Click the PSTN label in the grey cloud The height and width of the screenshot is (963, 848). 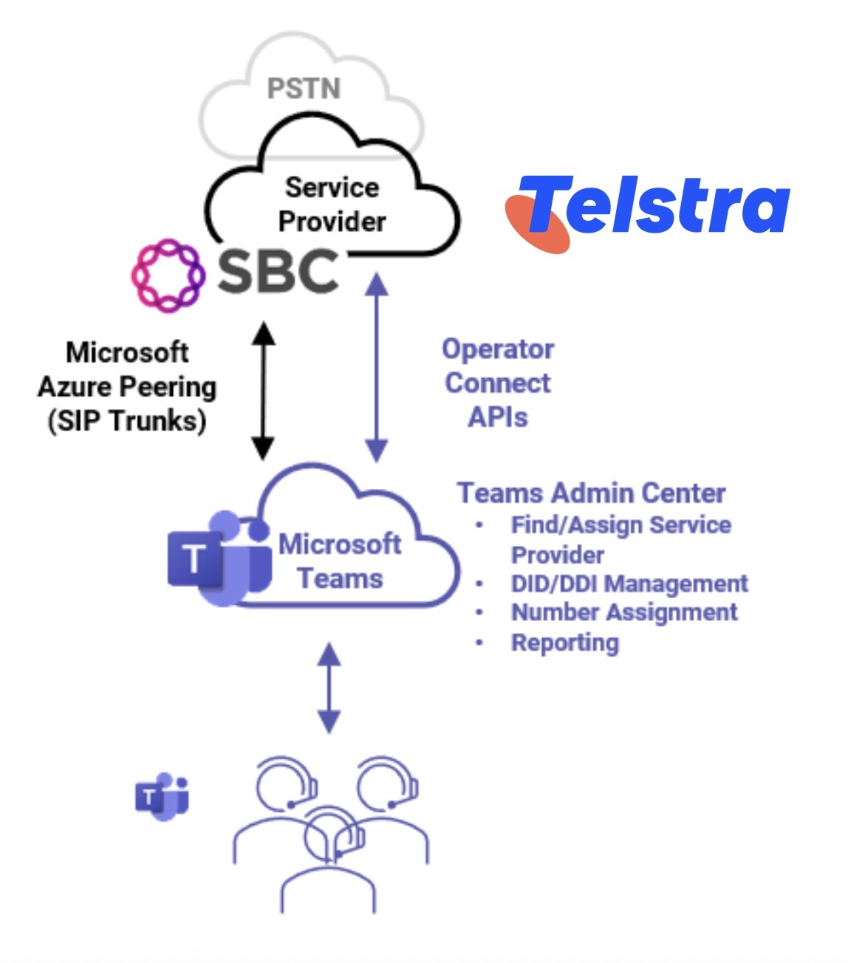click(304, 89)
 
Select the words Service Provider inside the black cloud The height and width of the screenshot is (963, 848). click(332, 205)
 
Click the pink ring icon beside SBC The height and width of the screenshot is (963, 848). click(168, 275)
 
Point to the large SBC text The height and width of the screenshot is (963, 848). click(278, 271)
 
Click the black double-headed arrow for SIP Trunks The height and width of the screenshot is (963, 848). click(263, 391)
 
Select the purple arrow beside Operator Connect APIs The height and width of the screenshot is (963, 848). click(376, 367)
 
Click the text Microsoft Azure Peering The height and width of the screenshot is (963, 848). click(127, 369)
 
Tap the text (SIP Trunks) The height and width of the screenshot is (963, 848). click(127, 421)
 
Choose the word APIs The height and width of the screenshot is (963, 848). click(498, 417)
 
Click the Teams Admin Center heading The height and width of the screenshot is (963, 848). click(591, 493)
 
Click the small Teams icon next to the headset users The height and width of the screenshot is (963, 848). click(163, 797)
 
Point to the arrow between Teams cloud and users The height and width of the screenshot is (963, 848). click(329, 688)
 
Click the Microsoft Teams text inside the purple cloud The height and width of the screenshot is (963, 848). click(340, 561)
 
